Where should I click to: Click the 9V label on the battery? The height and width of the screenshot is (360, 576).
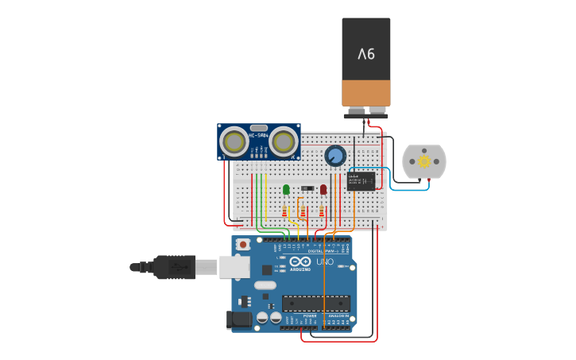tap(366, 54)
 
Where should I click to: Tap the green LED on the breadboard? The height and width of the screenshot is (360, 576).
tap(286, 189)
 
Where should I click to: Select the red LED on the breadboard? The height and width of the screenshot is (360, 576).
tap(323, 189)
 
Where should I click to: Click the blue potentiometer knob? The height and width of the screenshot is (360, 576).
tap(335, 155)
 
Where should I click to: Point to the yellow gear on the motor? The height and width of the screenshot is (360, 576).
tap(424, 161)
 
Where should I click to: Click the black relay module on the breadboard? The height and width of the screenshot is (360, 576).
tap(361, 181)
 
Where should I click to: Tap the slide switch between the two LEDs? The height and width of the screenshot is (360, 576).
tap(306, 188)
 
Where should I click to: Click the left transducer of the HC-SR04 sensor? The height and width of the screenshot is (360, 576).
tap(234, 142)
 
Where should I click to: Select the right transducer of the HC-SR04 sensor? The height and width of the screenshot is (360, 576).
tap(283, 142)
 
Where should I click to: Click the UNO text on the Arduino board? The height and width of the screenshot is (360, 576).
tap(325, 261)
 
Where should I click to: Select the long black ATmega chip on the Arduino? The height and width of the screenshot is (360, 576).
tap(315, 304)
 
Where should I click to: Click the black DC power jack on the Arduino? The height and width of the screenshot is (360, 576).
tap(239, 320)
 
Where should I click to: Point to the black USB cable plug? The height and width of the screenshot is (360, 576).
tap(175, 267)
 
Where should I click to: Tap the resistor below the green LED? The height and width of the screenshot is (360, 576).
tap(285, 211)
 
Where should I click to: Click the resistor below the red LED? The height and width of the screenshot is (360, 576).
tap(322, 211)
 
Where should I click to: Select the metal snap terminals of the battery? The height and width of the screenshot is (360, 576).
tap(366, 111)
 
